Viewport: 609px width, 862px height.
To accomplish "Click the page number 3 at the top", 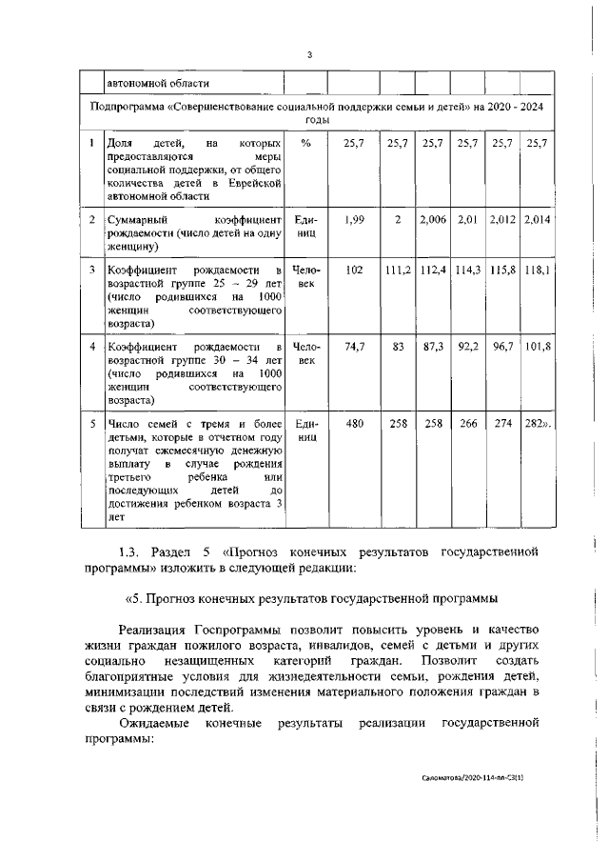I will [x=309, y=53].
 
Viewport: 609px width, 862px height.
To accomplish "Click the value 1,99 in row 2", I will [x=355, y=220].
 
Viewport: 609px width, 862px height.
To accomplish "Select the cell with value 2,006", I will [x=432, y=220].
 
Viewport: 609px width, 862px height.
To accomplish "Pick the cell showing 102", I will [x=355, y=271].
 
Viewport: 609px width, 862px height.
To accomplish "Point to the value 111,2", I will [x=397, y=271].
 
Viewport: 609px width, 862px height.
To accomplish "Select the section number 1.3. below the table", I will [x=133, y=551].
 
